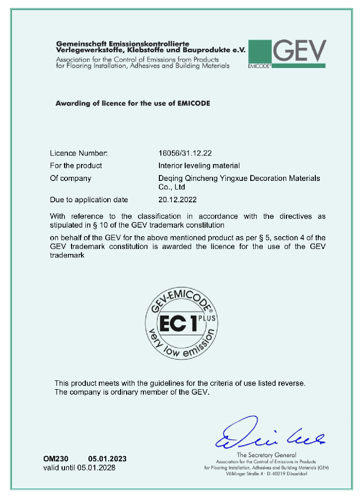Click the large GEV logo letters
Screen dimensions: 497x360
(299, 51)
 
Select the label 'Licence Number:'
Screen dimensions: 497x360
(78, 153)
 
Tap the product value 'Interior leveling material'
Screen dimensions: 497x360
(198, 166)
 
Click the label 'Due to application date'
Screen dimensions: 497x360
(89, 200)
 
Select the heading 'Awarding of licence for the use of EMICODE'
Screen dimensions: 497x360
(133, 103)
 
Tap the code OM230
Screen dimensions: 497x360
(55, 458)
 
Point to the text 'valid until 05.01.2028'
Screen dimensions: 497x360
(81, 468)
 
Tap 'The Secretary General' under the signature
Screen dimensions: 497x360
(266, 455)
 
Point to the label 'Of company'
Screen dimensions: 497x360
(71, 178)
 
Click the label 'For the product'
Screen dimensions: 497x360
(76, 166)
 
